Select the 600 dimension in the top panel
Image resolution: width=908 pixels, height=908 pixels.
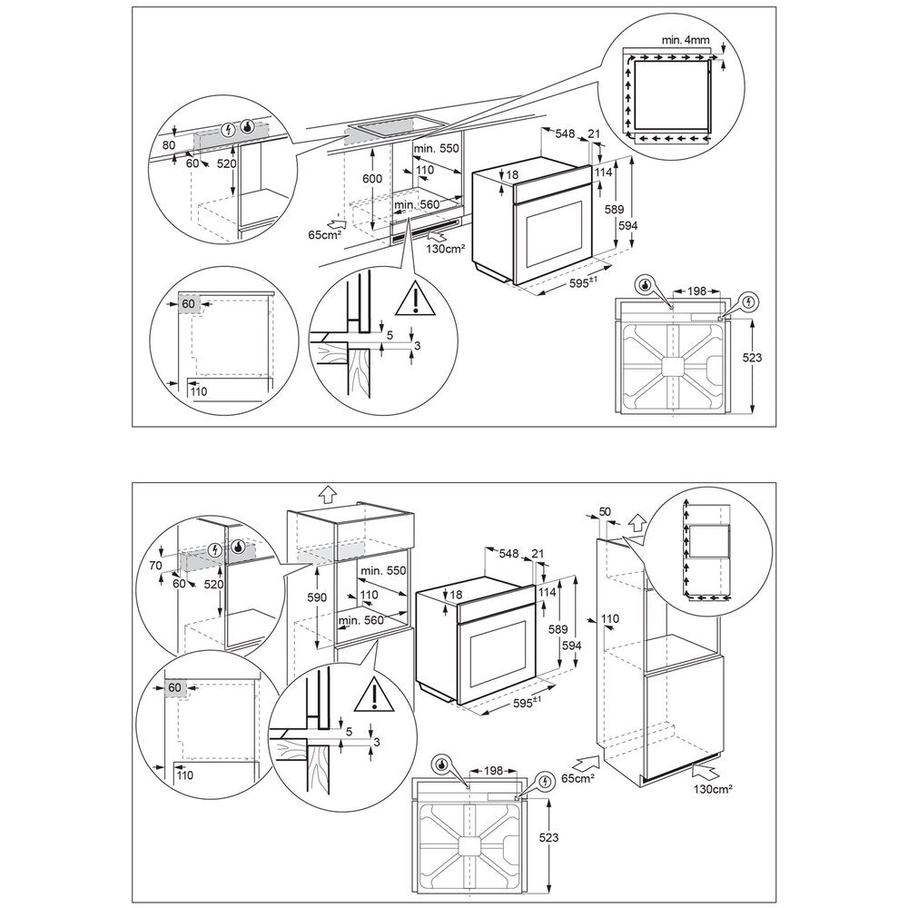372,180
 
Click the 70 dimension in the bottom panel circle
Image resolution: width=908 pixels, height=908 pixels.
156,566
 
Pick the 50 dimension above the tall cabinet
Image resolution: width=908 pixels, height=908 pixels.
605,514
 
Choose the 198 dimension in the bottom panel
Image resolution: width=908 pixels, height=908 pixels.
493,771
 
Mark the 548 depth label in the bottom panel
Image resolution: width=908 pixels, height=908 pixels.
509,552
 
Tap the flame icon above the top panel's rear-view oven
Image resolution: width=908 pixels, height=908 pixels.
645,285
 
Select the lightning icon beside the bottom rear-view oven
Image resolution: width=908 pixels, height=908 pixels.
545,780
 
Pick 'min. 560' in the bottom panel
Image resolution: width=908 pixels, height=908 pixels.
360,621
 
